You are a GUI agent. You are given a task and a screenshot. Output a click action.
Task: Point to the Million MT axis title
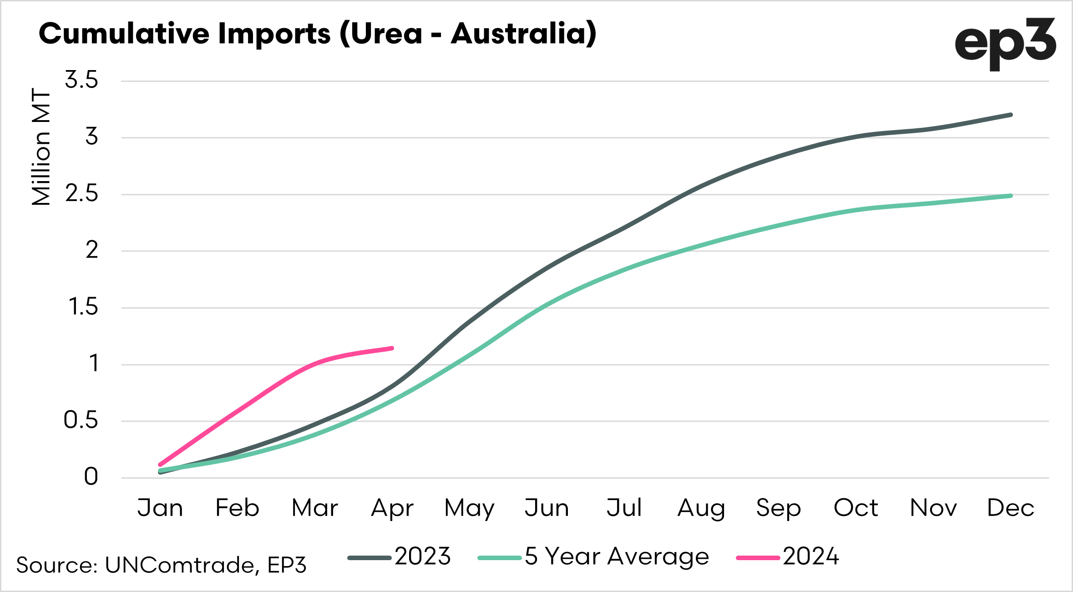coord(41,147)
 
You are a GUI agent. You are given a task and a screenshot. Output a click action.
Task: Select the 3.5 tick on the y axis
coord(81,80)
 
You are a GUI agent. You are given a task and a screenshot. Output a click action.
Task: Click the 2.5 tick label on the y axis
coord(81,194)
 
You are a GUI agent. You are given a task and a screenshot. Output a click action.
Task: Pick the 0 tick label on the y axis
coord(91,477)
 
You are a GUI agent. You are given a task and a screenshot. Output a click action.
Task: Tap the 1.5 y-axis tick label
coord(83,307)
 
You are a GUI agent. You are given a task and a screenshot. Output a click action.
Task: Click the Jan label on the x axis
coord(160,508)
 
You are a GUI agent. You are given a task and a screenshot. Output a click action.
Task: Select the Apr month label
coord(392,509)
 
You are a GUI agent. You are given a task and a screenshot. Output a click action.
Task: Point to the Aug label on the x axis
coord(701,509)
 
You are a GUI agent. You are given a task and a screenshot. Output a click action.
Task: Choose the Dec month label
coord(1011,508)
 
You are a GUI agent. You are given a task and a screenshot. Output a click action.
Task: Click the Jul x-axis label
coord(624,508)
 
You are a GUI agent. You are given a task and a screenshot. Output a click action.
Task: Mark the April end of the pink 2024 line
coord(392,348)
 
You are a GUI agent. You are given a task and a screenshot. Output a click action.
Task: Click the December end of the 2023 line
coord(1011,115)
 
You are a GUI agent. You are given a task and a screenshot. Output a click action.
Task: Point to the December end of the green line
coord(1011,196)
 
